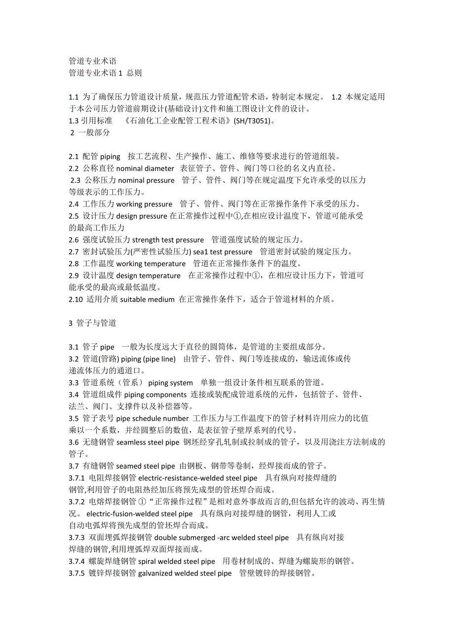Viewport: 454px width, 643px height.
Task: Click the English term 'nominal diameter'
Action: [x=145, y=168]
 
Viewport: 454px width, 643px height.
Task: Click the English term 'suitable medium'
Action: [x=148, y=299]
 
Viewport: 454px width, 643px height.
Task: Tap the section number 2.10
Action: [x=76, y=299]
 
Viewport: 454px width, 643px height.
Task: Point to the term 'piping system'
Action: [x=170, y=383]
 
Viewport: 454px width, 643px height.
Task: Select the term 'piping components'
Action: [x=155, y=395]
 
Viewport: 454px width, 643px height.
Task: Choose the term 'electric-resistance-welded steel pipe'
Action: [x=198, y=478]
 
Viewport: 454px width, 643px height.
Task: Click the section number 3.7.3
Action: [x=77, y=537]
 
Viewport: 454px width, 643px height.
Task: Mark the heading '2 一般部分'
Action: [x=90, y=133]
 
